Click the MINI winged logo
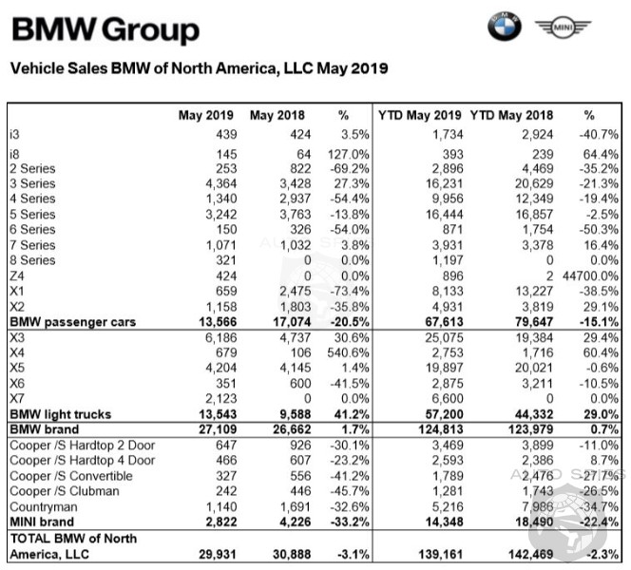coord(557,28)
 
